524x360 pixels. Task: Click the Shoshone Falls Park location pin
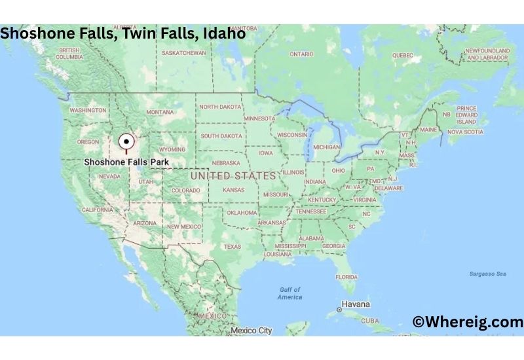click(x=126, y=141)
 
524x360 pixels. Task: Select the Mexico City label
click(x=251, y=331)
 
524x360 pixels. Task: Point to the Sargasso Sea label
click(x=488, y=274)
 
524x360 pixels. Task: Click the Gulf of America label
click(x=290, y=293)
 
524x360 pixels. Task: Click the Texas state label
click(x=233, y=247)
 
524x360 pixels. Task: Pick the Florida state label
click(x=346, y=277)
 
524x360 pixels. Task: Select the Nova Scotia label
click(x=465, y=132)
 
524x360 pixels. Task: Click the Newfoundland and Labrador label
click(x=486, y=54)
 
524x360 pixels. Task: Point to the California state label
click(x=97, y=209)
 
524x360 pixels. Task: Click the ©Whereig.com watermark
click(x=468, y=321)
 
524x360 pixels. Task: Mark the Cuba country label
click(x=370, y=321)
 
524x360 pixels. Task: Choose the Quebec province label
click(x=402, y=56)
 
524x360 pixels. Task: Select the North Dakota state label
click(x=221, y=107)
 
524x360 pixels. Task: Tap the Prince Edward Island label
click(x=466, y=115)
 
